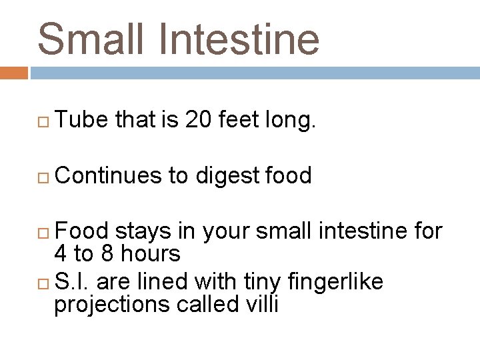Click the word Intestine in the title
point(243,38)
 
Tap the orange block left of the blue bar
point(13,73)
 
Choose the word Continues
point(109,175)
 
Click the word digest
point(227,177)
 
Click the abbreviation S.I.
point(73,282)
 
